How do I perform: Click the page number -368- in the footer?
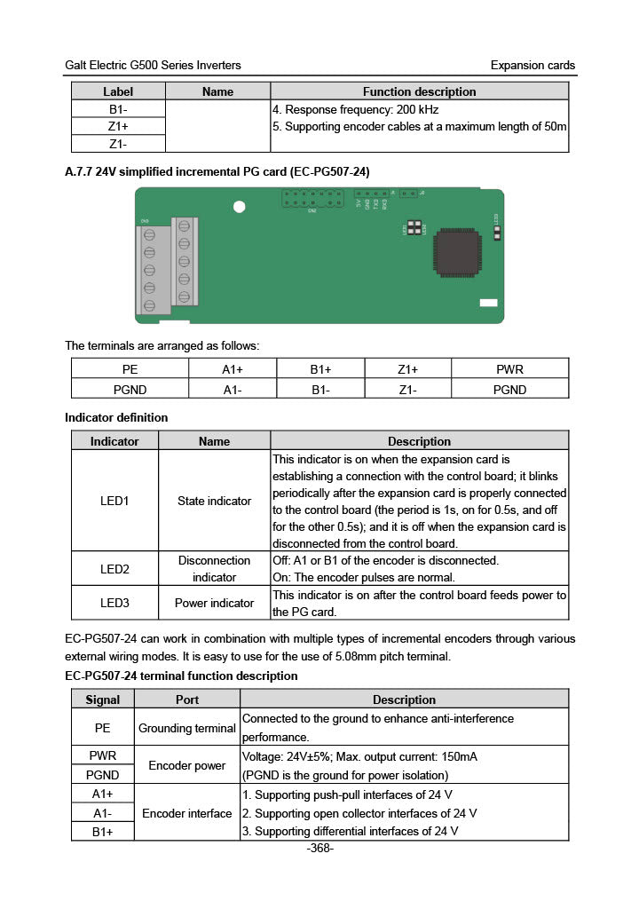click(319, 849)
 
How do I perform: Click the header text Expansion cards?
click(532, 65)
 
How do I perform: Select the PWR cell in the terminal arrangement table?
click(509, 369)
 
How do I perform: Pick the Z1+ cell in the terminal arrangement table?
click(407, 369)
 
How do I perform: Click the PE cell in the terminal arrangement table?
click(130, 369)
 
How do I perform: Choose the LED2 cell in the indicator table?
click(114, 569)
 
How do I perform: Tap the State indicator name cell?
click(214, 501)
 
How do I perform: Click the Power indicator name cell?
click(214, 603)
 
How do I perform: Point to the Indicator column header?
click(114, 441)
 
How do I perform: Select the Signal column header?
click(102, 700)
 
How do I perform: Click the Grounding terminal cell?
click(186, 728)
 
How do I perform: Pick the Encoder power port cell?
click(186, 765)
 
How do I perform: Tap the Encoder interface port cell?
click(186, 813)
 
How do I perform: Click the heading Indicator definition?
click(116, 417)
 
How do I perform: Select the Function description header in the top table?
click(419, 91)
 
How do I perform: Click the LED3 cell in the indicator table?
click(114, 603)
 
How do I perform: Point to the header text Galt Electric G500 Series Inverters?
click(153, 65)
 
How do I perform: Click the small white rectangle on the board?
click(488, 304)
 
